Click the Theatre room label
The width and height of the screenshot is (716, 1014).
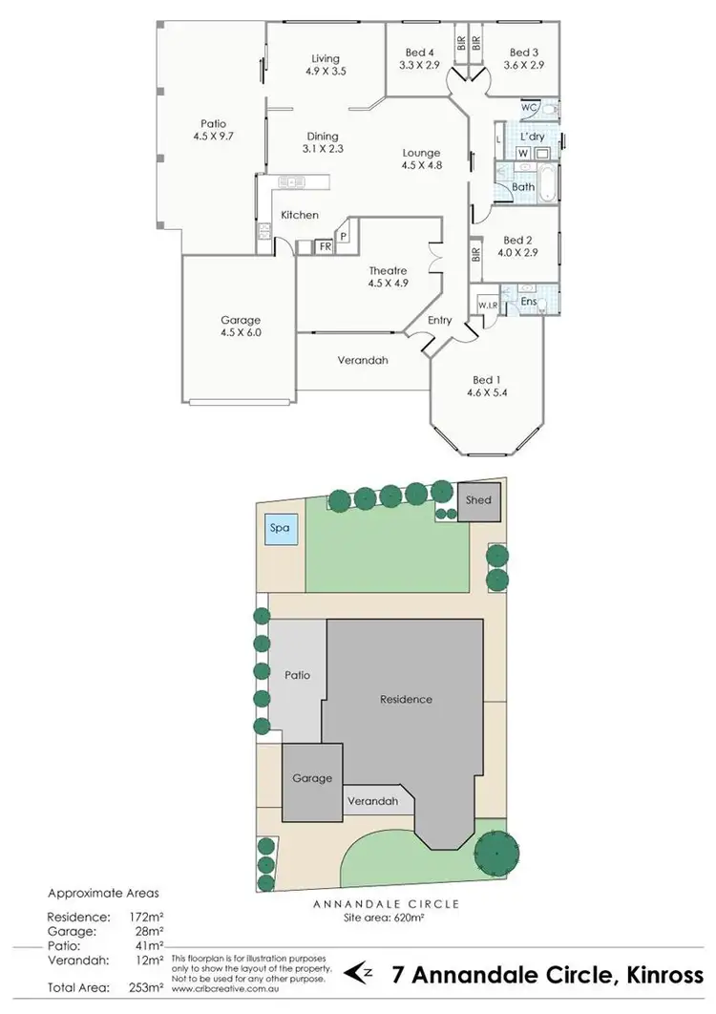click(x=388, y=271)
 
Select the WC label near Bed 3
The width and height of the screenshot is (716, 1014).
click(x=529, y=108)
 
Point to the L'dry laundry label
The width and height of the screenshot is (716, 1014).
click(x=533, y=137)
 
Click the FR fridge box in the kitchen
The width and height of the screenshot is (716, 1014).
click(x=326, y=246)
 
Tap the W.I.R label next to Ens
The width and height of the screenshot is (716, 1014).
click(x=488, y=306)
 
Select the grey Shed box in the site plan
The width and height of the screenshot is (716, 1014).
click(x=478, y=500)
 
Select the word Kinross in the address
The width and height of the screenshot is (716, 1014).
click(x=663, y=974)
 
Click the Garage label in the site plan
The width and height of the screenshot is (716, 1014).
click(x=311, y=779)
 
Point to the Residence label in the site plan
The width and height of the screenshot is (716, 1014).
click(x=406, y=699)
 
